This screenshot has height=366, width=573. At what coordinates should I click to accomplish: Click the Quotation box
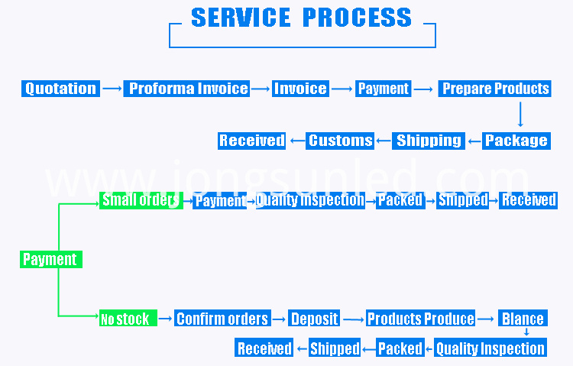60,89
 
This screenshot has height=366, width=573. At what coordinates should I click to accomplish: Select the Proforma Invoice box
186,89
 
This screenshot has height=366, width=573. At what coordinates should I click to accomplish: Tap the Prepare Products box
495,89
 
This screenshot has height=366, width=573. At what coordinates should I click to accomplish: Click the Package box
516,141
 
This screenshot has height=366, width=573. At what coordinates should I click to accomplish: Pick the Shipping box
429,141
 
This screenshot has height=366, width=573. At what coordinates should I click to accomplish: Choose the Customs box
340,141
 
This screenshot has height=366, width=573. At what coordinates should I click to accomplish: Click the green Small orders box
141,200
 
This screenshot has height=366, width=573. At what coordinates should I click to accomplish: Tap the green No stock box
128,318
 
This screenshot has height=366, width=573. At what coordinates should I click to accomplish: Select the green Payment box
51,259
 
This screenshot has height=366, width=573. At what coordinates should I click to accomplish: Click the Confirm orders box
222,318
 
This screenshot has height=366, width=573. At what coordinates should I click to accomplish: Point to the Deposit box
314,318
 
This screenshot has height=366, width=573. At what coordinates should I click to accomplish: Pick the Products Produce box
421,318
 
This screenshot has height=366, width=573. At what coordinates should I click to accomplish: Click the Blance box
523,318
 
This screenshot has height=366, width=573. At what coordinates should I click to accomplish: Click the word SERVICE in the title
241,17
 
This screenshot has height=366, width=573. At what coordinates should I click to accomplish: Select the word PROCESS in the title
357,17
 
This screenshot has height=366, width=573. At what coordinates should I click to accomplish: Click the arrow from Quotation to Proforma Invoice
112,89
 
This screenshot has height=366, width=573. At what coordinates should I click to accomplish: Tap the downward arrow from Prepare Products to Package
520,115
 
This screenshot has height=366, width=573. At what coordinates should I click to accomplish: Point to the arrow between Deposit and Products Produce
354,319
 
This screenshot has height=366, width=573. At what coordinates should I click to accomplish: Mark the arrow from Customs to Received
298,141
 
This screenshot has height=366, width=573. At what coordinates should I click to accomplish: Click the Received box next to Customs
252,141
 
